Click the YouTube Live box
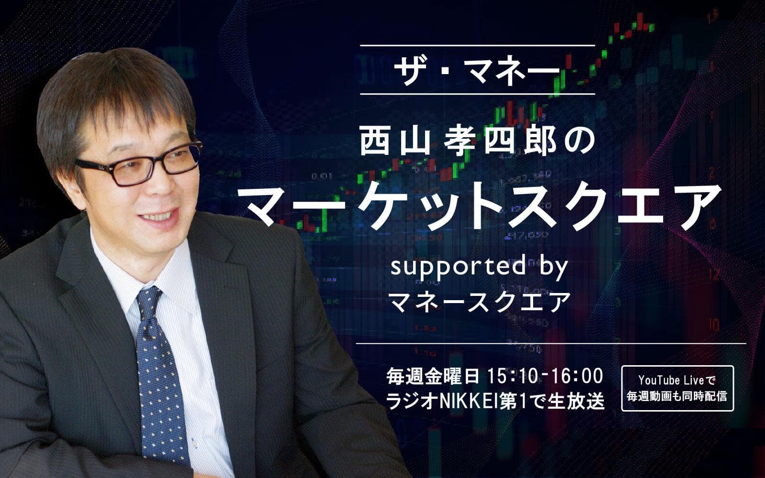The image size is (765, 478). point(677,388)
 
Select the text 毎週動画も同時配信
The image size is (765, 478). point(677,396)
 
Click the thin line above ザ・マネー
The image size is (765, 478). point(477,45)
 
